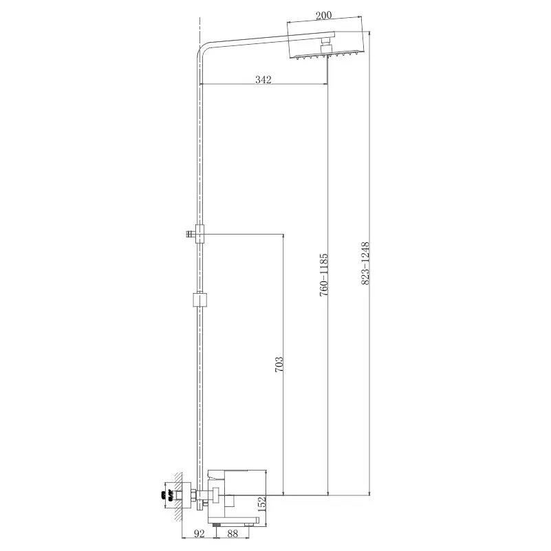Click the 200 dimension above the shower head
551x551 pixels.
(x=323, y=15)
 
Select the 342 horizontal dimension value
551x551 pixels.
(x=263, y=80)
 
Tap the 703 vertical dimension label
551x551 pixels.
(x=279, y=365)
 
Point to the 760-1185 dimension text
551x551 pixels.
(x=323, y=274)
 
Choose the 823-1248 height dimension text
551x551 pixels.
(x=365, y=263)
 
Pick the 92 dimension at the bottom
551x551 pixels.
(x=199, y=534)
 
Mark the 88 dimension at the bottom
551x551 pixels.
(x=233, y=534)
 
